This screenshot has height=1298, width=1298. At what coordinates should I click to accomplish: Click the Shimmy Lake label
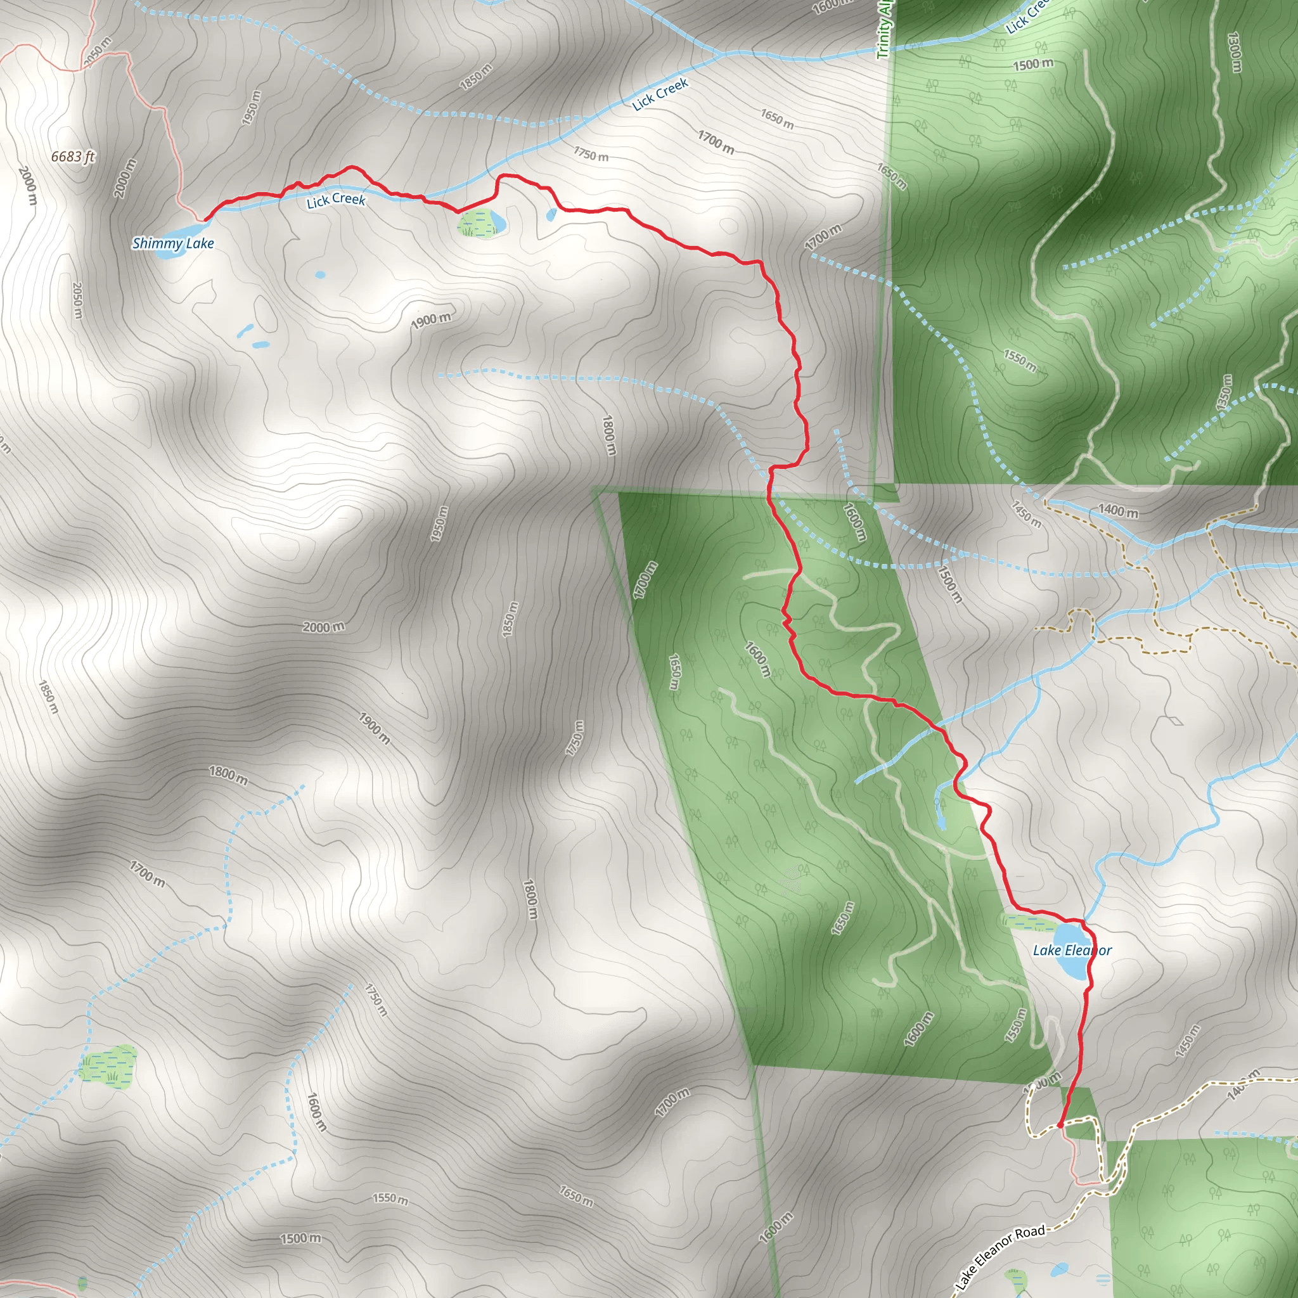[x=172, y=243]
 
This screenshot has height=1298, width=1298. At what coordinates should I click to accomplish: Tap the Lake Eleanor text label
[x=1072, y=950]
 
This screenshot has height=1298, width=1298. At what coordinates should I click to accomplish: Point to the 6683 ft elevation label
[x=72, y=157]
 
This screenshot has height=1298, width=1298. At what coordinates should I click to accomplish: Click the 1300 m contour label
[x=1233, y=52]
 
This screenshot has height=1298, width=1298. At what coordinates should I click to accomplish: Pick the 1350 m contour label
[x=1223, y=393]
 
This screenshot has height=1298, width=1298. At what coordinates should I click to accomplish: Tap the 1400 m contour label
[x=1118, y=511]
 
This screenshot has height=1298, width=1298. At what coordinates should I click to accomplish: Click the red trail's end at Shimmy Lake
[x=205, y=219]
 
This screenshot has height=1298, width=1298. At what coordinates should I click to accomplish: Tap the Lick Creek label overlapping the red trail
[x=335, y=200]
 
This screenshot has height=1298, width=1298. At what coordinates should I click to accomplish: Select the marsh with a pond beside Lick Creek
[x=481, y=223]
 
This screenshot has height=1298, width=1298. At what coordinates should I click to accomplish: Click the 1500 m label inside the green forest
[x=1032, y=65]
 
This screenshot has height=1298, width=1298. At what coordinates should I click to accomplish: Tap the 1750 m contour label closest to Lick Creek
[x=591, y=154]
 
